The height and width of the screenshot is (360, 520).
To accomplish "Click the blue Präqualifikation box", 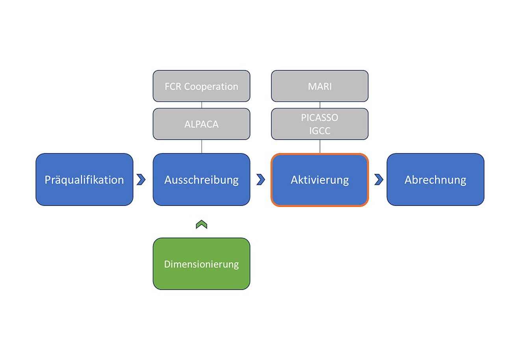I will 84,180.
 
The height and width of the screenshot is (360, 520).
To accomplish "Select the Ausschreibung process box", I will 201,180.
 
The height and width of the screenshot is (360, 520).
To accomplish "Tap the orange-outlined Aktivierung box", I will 319,180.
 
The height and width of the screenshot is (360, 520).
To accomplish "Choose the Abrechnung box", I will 435,180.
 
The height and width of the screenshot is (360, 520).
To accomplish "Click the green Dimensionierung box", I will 201,264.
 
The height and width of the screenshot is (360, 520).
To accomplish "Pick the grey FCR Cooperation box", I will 201,86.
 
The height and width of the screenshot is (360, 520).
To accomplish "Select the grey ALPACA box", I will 201,124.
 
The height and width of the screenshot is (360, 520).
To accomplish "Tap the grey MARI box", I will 319,86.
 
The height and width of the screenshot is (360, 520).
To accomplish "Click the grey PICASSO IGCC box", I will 319,124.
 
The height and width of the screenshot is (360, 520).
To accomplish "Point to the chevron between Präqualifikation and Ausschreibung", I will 141,180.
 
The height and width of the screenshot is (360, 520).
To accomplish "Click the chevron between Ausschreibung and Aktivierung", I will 260,180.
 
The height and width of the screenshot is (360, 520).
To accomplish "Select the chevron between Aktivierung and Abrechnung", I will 379,180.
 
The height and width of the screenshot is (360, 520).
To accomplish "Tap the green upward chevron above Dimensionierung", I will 201,225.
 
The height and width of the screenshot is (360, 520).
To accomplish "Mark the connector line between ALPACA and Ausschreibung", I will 202,147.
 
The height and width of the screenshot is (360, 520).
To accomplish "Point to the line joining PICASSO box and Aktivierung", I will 320,147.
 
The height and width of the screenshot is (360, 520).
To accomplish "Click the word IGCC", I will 319,131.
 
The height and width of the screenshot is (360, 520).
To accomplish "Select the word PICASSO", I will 319,118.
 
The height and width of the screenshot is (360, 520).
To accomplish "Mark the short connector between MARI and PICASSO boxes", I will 320,105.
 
